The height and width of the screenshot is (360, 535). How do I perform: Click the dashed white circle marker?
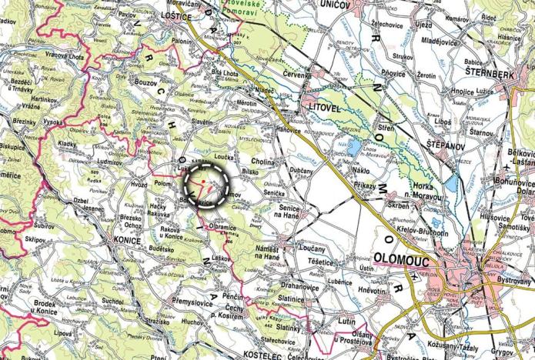pos(206,185)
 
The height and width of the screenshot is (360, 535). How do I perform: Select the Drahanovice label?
pos(299,286)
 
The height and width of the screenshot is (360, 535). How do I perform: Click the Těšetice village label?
pos(319,262)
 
